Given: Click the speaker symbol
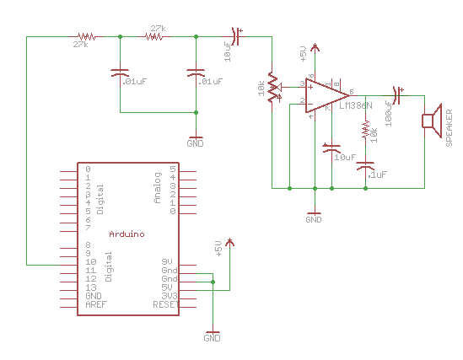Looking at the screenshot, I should coord(432,121).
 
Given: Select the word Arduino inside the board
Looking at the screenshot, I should coord(127,233).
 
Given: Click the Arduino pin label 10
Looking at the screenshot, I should coord(90,262).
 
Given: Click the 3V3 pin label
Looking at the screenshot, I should coord(169,295).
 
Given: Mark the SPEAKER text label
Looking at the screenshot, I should coord(450,126).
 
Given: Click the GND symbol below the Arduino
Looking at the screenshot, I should coord(213,334).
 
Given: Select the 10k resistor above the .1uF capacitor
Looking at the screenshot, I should coord(365,132).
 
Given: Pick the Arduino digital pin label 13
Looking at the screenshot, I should coord(90,287).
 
